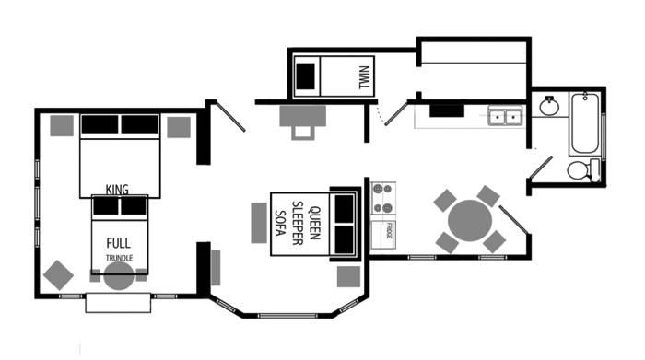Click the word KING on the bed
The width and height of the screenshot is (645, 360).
(117, 190)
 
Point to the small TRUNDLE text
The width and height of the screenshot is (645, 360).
(118, 259)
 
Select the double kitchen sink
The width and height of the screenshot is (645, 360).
(505, 117)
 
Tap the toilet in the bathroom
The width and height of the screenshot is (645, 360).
(580, 170)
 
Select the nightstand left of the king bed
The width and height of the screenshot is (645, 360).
(63, 125)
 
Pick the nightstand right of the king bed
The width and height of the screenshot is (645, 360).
(178, 126)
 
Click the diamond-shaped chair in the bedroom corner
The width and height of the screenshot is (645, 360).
(58, 274)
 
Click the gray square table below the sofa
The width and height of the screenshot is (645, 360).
(348, 276)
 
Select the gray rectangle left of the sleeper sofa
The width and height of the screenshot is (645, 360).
(259, 222)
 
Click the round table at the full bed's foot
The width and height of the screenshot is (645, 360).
(118, 277)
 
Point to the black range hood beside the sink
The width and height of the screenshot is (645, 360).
(447, 110)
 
